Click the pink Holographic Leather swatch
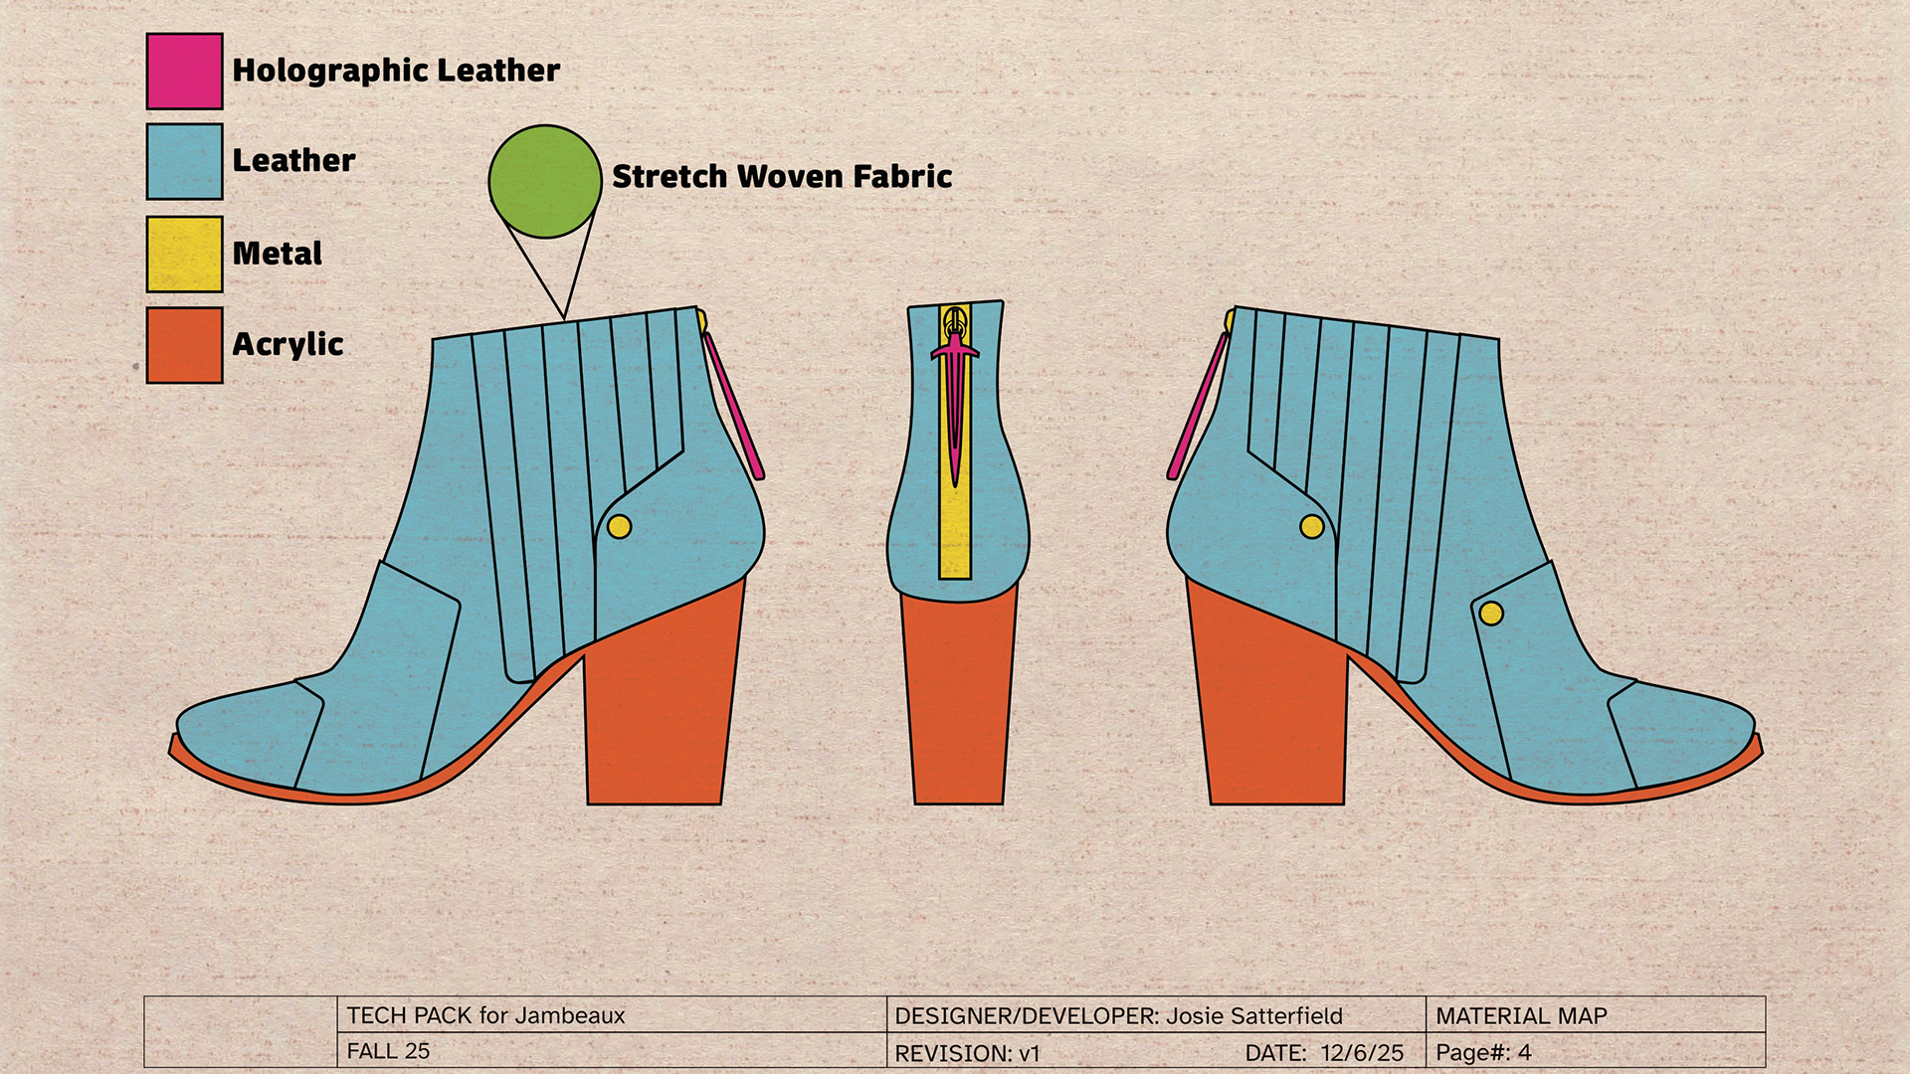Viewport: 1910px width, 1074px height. tap(184, 71)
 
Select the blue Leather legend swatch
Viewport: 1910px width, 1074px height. tap(184, 161)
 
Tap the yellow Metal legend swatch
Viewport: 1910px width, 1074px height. tap(184, 254)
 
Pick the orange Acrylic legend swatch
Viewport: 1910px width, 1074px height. tap(184, 344)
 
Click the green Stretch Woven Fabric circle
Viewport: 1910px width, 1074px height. tap(545, 181)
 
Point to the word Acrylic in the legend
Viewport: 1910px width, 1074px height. tap(287, 344)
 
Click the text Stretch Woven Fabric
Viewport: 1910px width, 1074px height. tap(782, 176)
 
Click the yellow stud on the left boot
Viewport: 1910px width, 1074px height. tap(619, 527)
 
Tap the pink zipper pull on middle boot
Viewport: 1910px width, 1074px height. tap(955, 398)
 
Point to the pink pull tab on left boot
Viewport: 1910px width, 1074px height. tap(734, 408)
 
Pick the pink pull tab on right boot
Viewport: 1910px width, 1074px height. tap(1197, 408)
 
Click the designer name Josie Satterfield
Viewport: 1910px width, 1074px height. tap(1253, 1015)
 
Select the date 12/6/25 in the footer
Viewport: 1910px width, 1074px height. tap(1362, 1052)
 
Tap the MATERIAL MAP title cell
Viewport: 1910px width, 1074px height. tap(1521, 1015)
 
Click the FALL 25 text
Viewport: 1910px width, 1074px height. tap(388, 1051)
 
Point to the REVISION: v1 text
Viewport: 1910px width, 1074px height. tap(967, 1052)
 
